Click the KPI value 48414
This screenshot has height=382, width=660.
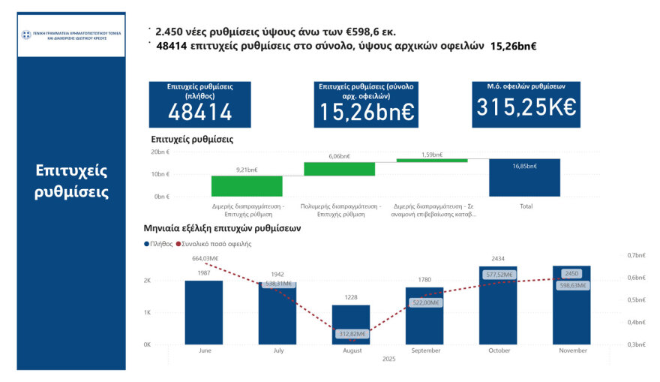click(200, 112)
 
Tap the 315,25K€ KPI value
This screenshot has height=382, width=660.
click(525, 107)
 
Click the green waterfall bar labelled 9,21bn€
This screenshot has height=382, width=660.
click(247, 186)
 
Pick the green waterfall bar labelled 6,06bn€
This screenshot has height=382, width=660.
click(339, 169)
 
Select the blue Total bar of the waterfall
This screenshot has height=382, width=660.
click(524, 178)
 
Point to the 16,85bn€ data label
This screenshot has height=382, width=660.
click(524, 167)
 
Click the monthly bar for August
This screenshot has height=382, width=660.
click(351, 324)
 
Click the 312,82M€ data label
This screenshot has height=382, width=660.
click(351, 334)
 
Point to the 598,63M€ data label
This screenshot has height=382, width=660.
click(571, 285)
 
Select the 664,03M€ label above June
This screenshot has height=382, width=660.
click(205, 259)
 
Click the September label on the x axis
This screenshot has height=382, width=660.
click(424, 350)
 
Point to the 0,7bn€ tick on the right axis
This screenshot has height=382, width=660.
click(636, 255)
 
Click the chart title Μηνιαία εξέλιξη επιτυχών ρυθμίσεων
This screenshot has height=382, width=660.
click(222, 228)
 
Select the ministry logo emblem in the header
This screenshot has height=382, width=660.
click(26, 35)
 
